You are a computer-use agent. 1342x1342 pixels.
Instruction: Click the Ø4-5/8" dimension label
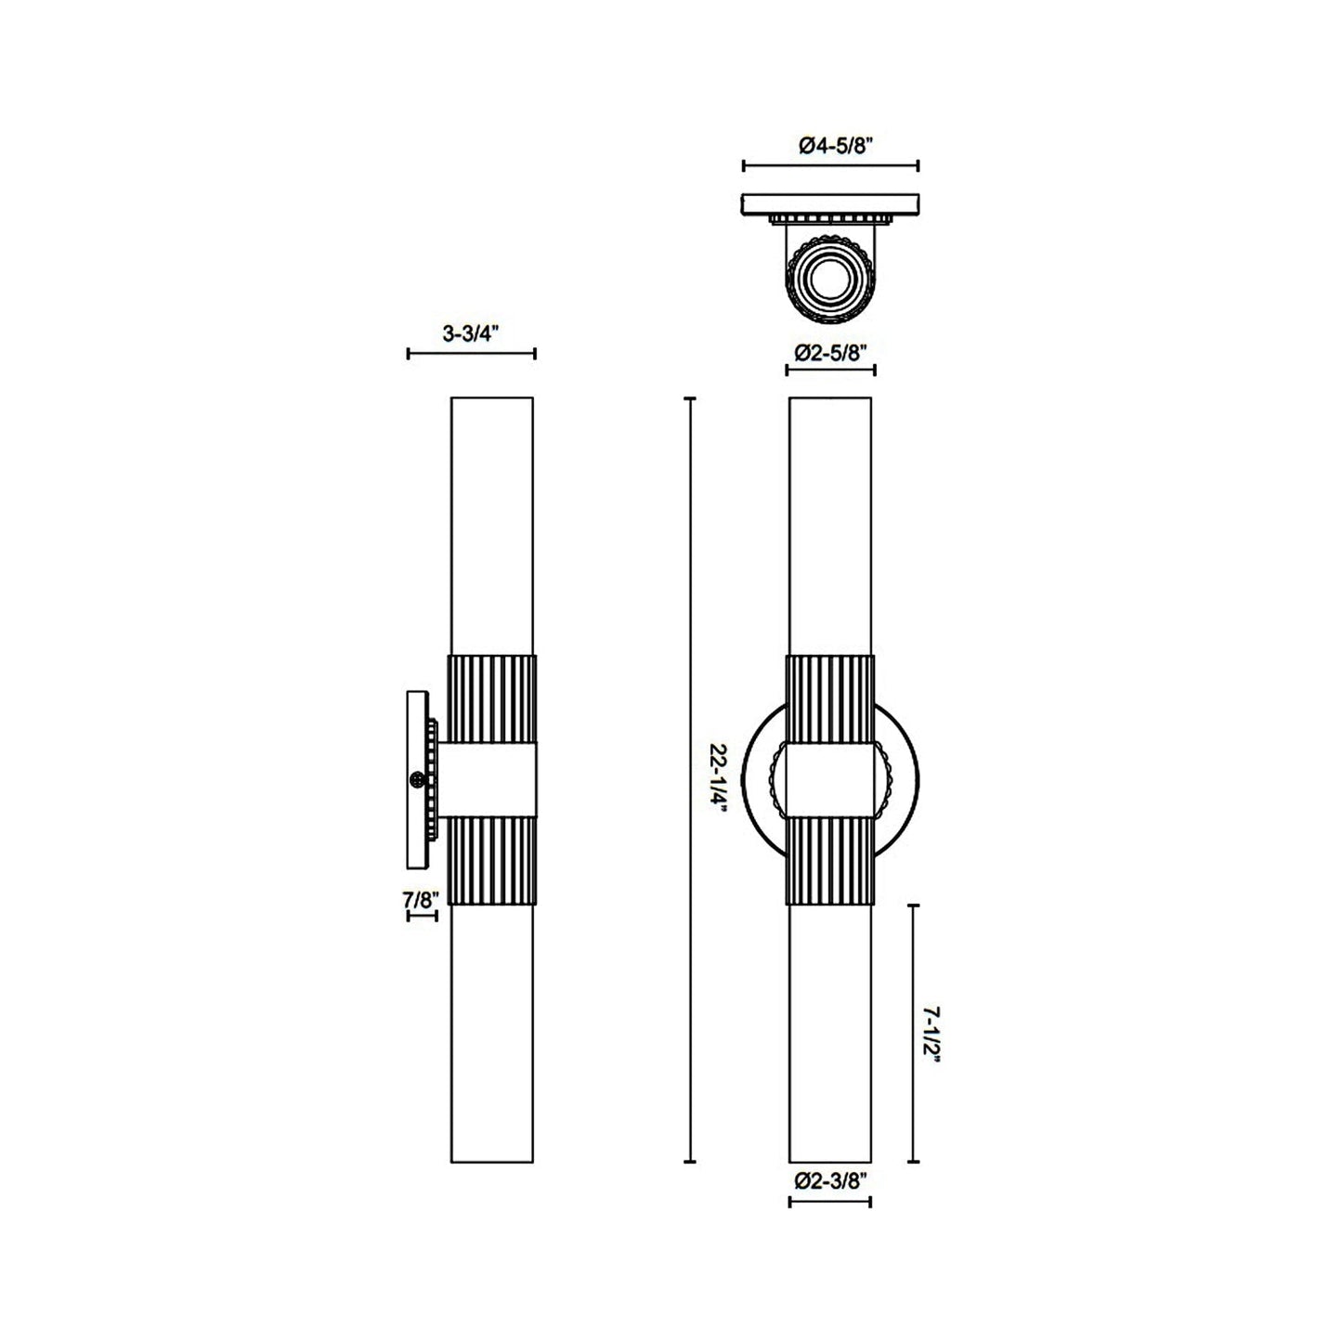pyautogui.click(x=830, y=145)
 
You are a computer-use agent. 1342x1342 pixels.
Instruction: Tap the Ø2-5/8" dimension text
pyautogui.click(x=830, y=352)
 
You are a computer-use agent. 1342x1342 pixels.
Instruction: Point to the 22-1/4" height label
pyautogui.click(x=717, y=780)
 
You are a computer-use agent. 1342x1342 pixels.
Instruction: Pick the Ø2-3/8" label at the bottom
pyautogui.click(x=830, y=1181)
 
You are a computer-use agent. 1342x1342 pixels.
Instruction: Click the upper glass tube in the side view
pyautogui.click(x=491, y=525)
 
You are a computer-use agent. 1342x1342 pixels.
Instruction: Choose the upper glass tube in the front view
pyautogui.click(x=829, y=525)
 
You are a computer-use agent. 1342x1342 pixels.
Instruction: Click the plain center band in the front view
pyautogui.click(x=829, y=779)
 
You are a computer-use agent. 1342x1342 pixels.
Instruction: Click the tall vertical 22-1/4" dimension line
pyautogui.click(x=689, y=780)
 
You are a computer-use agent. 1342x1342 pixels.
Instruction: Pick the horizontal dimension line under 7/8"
pyautogui.click(x=422, y=916)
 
